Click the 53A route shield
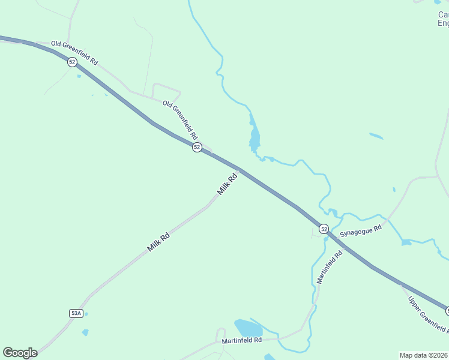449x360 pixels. [x=76, y=313]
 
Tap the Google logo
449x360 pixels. [x=20, y=353]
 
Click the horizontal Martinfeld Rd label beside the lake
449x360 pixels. [x=242, y=340]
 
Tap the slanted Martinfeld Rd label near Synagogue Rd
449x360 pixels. [x=330, y=267]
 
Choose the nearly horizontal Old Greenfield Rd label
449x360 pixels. [x=74, y=53]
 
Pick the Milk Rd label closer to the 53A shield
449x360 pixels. [x=158, y=242]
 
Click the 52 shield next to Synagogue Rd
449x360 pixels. [x=324, y=229]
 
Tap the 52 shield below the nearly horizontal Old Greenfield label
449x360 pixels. [x=72, y=62]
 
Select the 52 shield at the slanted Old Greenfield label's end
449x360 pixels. [x=197, y=147]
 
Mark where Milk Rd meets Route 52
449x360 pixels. [x=240, y=170]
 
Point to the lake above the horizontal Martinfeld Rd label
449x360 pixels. [x=247, y=328]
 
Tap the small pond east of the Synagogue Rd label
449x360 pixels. [x=406, y=242]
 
